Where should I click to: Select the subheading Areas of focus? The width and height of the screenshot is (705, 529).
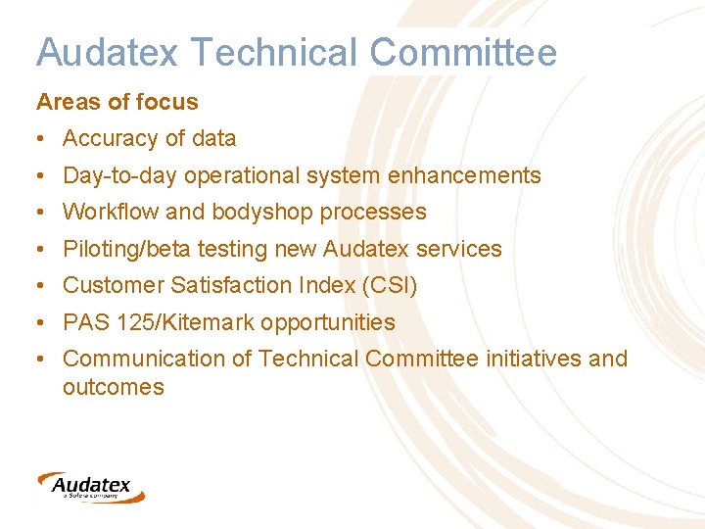click(x=117, y=102)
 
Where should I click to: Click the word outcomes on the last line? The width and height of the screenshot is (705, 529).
click(x=113, y=387)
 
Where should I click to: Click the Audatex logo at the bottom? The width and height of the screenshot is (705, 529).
click(x=90, y=486)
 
